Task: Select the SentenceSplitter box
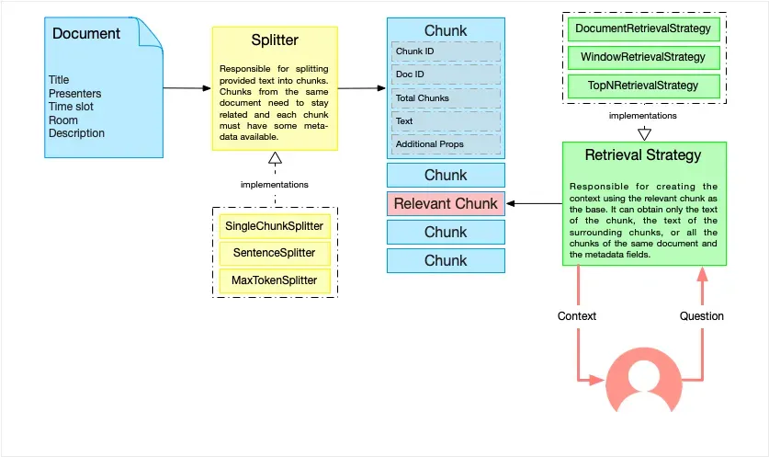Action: coord(274,253)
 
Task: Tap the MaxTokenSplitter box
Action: coord(274,280)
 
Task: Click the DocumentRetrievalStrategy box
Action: coord(643,29)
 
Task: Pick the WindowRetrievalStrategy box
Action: coord(643,57)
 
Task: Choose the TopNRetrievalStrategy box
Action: coord(643,86)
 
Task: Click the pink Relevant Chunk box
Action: coord(446,203)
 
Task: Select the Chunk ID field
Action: coord(446,51)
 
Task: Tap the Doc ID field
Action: coord(446,74)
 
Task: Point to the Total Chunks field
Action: coord(446,97)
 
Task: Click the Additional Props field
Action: coord(446,144)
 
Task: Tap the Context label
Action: coord(577,315)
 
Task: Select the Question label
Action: coord(701,315)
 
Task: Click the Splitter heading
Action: coord(275,40)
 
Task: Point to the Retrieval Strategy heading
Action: coord(643,154)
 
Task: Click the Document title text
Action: coord(85,34)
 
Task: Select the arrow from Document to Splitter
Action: coord(187,88)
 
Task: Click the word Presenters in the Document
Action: coord(74,94)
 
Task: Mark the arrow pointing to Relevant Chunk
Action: coord(534,203)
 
